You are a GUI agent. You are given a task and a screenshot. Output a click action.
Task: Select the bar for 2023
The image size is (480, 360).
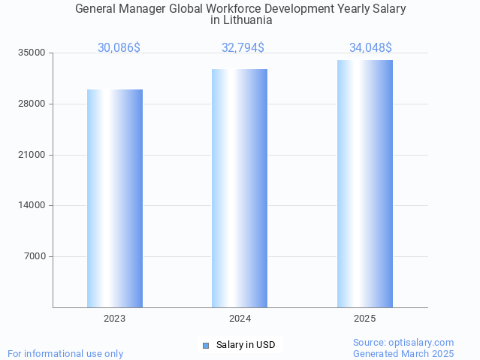(115, 198)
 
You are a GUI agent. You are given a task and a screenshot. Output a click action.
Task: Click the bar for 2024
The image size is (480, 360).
(240, 188)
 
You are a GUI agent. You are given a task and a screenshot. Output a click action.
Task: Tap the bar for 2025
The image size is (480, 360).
(365, 183)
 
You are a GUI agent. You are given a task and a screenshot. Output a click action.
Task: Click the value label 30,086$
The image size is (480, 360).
(119, 48)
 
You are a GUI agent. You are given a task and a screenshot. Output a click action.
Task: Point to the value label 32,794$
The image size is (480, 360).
(243, 48)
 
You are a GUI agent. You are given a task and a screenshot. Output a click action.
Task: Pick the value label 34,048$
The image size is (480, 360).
(370, 48)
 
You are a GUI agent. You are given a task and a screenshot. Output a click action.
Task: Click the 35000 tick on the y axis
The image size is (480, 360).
(32, 53)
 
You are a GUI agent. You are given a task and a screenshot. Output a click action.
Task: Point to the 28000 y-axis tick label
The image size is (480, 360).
(32, 104)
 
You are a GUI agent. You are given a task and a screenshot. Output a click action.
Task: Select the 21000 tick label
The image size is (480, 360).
(32, 155)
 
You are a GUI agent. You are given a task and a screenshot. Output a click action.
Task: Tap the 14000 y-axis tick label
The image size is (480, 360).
(32, 205)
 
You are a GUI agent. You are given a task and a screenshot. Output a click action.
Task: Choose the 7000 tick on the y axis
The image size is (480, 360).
(35, 256)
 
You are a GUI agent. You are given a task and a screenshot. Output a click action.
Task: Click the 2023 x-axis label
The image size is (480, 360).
(115, 319)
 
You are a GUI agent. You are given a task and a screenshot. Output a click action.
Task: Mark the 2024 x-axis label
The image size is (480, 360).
(240, 319)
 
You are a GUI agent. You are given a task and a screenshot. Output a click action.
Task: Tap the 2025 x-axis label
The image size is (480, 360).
(365, 319)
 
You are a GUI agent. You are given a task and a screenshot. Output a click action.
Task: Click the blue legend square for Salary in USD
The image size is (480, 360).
(205, 346)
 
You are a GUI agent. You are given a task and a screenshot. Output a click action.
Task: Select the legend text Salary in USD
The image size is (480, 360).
(246, 346)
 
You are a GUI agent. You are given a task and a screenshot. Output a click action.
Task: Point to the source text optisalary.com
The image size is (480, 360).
(421, 342)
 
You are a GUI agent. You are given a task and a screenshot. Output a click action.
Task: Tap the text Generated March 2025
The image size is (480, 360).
(403, 353)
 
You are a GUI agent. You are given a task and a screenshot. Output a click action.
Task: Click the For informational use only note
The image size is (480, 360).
(65, 353)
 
